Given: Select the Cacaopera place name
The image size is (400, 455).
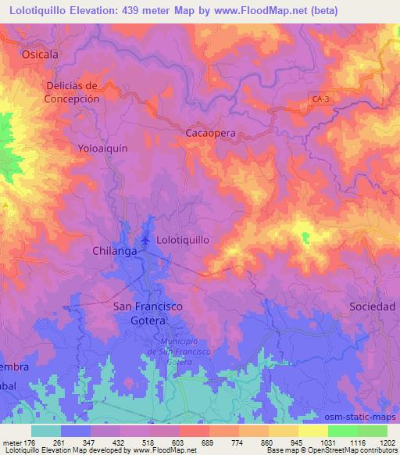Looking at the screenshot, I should tap(210, 134).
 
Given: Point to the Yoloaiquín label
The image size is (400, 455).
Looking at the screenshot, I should tap(102, 147).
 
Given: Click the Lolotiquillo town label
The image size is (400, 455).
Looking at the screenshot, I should tap(183, 241).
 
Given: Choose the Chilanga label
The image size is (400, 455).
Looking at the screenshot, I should tap(116, 251).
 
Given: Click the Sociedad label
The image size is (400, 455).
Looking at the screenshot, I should tap(372, 306).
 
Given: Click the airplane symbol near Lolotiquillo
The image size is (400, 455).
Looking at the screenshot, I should tap(145, 239).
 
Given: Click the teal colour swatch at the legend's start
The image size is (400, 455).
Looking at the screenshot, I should tap(46, 431).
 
